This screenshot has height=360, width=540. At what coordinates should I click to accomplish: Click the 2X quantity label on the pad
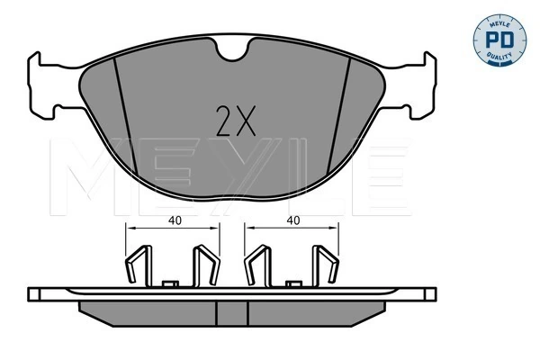point(236,121)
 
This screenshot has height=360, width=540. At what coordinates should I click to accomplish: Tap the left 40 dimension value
point(175,220)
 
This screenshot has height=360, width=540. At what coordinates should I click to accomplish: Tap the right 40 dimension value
point(293,220)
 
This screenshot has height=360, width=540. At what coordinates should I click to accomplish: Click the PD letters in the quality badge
point(499,40)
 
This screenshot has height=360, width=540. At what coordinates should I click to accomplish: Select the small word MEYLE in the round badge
point(499,23)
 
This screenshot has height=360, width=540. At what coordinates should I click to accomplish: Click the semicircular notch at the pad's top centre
point(232,51)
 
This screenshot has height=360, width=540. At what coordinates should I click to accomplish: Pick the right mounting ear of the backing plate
point(418,86)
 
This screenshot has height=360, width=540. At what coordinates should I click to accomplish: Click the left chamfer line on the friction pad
point(126,117)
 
